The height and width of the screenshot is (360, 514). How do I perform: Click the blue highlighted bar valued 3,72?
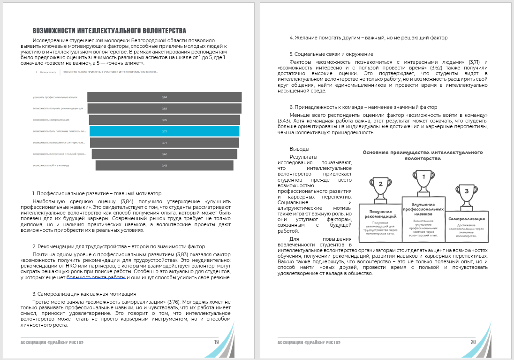tap(164, 131)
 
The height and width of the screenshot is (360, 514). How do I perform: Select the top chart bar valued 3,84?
tap(164, 97)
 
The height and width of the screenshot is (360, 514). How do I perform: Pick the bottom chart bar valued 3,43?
tap(164, 165)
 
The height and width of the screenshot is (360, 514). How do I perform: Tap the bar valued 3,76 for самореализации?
tap(164, 120)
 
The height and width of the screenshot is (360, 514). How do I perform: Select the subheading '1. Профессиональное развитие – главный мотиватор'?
tap(97, 193)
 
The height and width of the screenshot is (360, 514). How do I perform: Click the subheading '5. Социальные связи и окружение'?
tap(331, 54)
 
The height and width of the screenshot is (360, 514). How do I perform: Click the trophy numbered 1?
tap(423, 181)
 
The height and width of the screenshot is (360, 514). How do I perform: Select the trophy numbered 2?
tap(380, 187)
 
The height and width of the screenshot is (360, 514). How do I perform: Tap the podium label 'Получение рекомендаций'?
tap(380, 214)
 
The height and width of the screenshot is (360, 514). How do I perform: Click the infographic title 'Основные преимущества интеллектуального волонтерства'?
tap(423, 155)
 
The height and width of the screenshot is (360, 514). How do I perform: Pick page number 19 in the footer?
tap(216, 342)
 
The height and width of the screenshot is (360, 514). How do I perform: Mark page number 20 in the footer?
tap(473, 342)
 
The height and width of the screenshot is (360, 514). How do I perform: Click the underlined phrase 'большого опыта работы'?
tap(97, 277)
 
